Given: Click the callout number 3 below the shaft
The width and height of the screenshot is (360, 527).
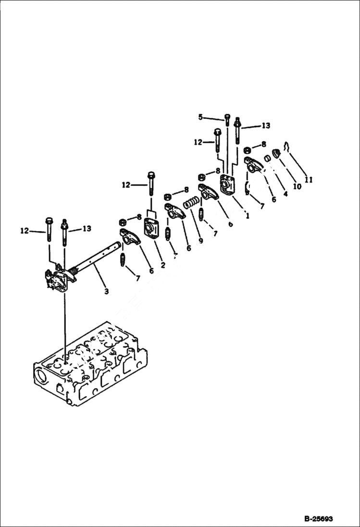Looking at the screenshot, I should click(106, 291).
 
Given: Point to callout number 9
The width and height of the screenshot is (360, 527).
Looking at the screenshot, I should click(200, 240).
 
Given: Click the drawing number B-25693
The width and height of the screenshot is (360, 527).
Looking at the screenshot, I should click(318, 519).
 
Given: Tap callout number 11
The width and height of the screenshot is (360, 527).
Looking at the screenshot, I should click(308, 180).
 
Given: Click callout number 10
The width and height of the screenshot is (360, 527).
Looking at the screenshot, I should click(297, 186).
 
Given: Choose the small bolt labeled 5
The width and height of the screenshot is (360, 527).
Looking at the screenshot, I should click(227, 120).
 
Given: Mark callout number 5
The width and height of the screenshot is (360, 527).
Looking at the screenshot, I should click(200, 117).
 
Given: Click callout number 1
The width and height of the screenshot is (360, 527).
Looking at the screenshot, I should click(248, 216).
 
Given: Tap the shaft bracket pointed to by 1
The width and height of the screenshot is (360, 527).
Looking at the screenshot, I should click(227, 185).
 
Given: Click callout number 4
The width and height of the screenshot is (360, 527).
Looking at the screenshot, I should click(286, 194).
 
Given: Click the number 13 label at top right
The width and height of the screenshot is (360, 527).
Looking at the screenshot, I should click(265, 126).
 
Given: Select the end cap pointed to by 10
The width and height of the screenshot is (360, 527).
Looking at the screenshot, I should click(276, 154).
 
